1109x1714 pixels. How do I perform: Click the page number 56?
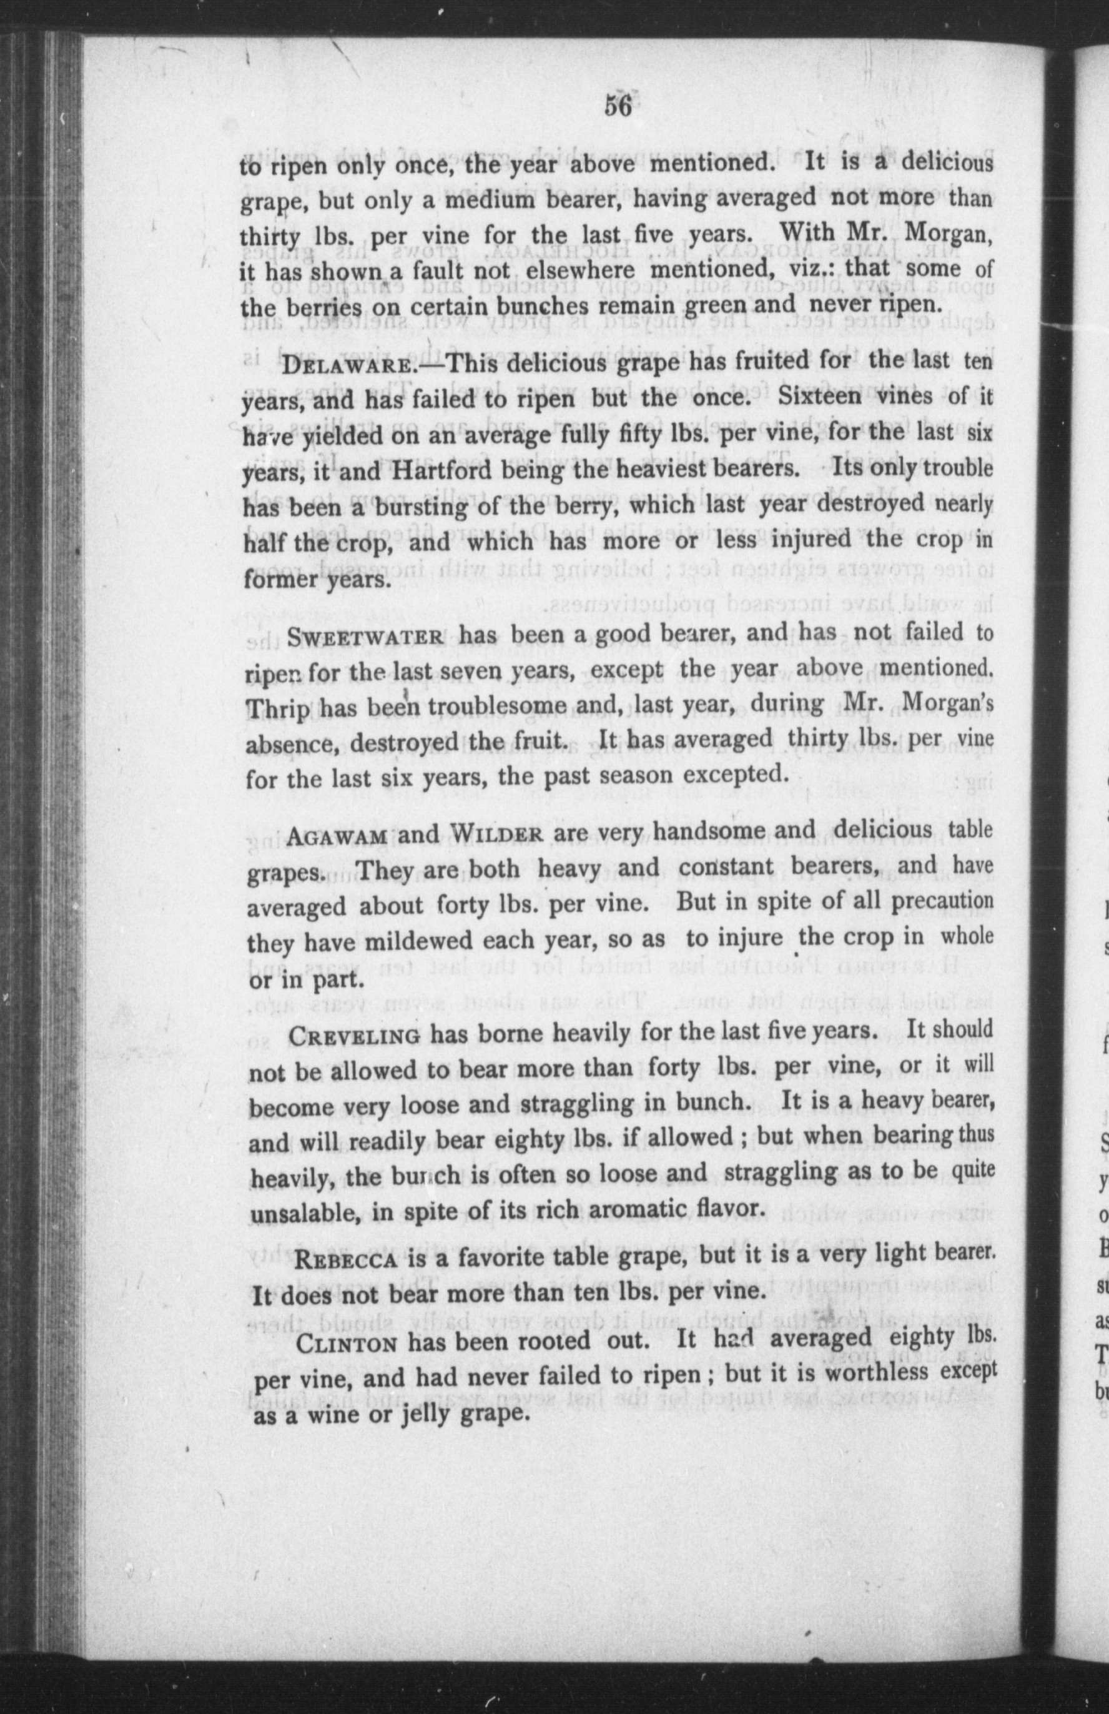[x=617, y=106]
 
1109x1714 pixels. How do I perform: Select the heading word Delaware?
[x=347, y=363]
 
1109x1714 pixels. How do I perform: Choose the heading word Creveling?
[x=354, y=1036]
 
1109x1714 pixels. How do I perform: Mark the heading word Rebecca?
[x=347, y=1257]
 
